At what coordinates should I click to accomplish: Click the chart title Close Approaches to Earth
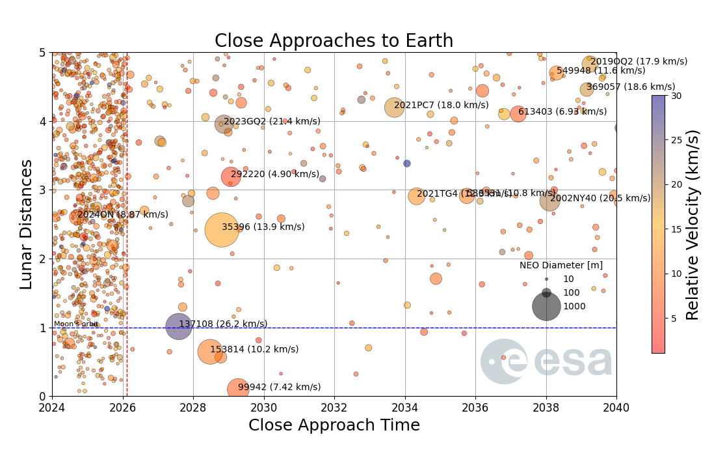click(x=334, y=41)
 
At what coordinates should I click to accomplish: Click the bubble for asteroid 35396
click(x=221, y=229)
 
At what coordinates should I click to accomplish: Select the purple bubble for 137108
click(x=179, y=326)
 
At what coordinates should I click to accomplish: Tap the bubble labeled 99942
click(x=238, y=389)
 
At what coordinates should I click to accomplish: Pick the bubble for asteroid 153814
click(x=209, y=352)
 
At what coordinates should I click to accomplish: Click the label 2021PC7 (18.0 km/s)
click(x=442, y=105)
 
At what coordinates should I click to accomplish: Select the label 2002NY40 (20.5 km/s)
click(x=600, y=198)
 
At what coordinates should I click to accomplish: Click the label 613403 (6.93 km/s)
click(x=553, y=111)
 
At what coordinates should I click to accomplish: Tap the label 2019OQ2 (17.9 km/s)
click(x=639, y=61)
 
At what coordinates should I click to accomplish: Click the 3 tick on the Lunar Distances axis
click(x=42, y=190)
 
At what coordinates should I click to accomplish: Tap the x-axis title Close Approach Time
click(x=334, y=425)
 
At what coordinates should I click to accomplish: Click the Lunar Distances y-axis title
click(x=26, y=224)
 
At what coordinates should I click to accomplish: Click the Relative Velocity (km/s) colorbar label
click(x=693, y=224)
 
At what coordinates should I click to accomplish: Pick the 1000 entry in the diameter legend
click(x=574, y=306)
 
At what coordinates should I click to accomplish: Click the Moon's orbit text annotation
click(x=75, y=324)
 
